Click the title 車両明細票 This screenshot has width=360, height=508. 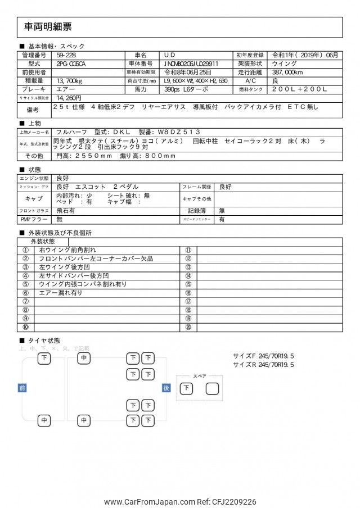point(48,27)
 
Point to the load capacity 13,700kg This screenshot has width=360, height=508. point(70,81)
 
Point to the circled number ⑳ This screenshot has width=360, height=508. point(188,327)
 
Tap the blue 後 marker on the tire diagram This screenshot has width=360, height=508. point(166,388)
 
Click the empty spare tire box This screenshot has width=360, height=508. point(212,388)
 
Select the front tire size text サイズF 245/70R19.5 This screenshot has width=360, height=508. point(264,356)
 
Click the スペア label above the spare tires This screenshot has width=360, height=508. point(200,376)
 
